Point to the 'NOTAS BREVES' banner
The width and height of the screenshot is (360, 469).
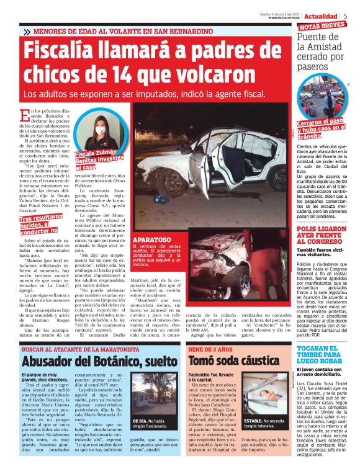click(322, 27)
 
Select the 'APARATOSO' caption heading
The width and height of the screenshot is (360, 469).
click(152, 238)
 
